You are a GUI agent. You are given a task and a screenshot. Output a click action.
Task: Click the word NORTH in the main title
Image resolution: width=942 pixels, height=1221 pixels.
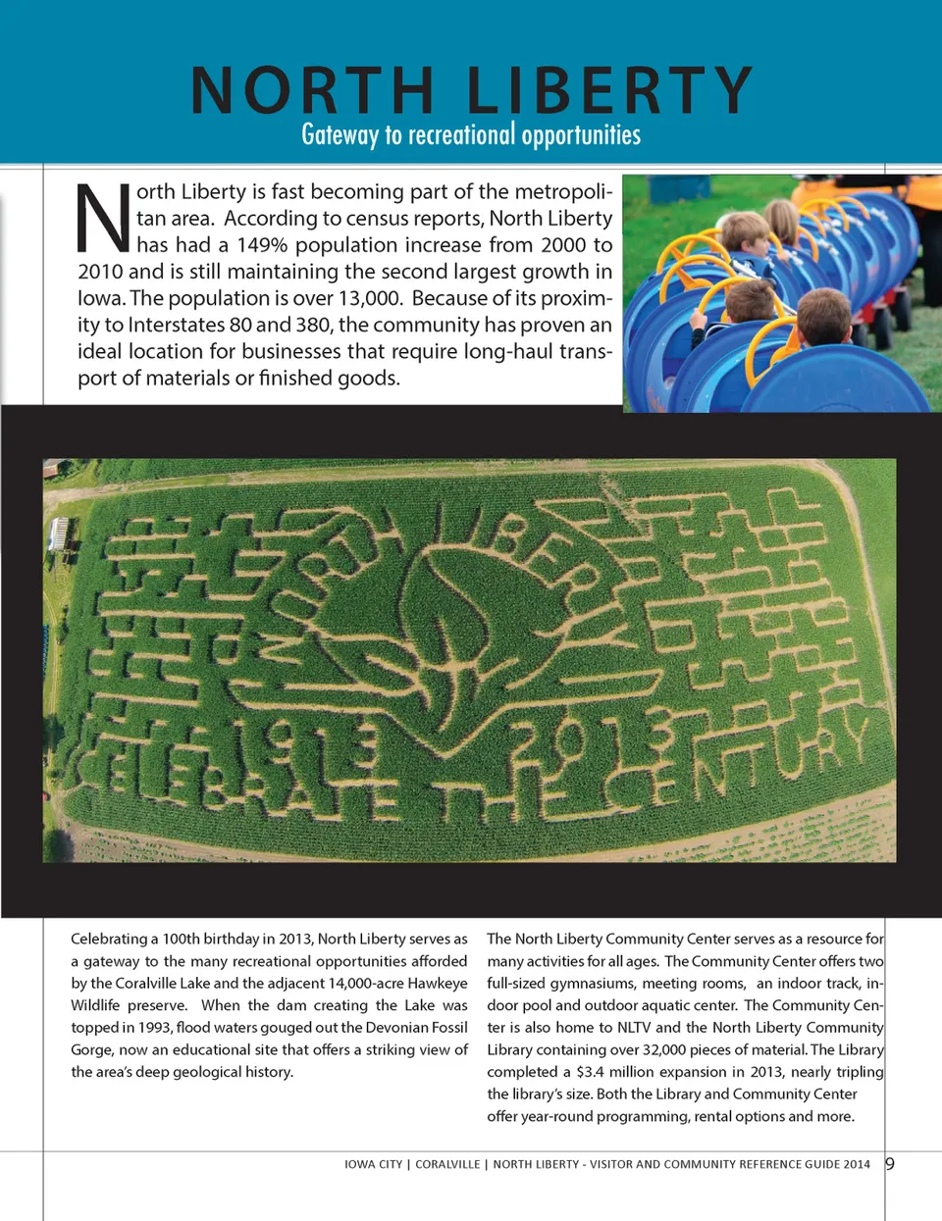[312, 90]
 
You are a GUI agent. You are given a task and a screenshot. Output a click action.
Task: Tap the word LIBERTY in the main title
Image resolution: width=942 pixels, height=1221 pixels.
[609, 90]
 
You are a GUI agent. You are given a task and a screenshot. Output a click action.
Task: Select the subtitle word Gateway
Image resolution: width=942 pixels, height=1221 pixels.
[340, 134]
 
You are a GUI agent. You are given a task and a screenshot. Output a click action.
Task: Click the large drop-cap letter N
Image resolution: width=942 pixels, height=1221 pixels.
[103, 218]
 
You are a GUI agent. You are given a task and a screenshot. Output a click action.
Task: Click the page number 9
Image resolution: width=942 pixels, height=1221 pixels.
[890, 1164]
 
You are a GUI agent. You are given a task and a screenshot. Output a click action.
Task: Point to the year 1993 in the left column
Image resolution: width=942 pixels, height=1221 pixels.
[147, 1027]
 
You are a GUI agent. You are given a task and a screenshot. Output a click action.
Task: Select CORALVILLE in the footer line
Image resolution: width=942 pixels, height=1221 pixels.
[447, 1164]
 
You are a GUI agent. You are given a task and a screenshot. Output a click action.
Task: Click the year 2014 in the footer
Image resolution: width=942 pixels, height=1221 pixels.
[857, 1164]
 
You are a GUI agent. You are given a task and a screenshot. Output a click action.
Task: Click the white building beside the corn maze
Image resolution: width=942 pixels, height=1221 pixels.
[58, 534]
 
